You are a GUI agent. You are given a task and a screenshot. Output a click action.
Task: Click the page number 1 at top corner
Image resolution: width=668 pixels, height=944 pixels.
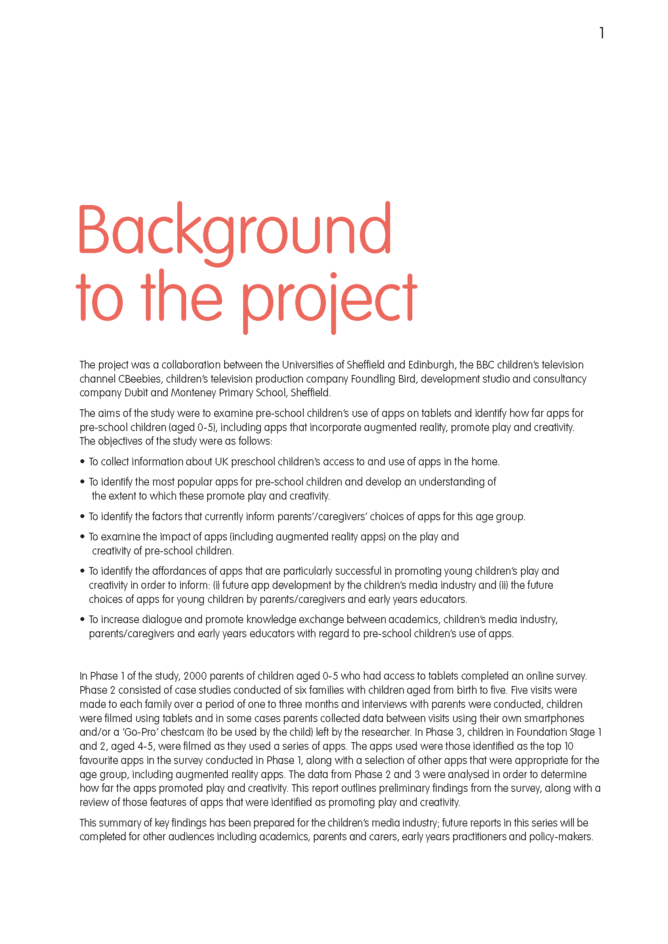pos(601,33)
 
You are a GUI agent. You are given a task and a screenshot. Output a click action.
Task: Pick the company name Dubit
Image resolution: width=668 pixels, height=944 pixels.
pos(136,393)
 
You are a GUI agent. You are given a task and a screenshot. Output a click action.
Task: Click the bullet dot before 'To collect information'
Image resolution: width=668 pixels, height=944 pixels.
pos(82,462)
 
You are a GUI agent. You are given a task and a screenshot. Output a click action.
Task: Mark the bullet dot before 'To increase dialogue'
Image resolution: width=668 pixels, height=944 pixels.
pos(82,619)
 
